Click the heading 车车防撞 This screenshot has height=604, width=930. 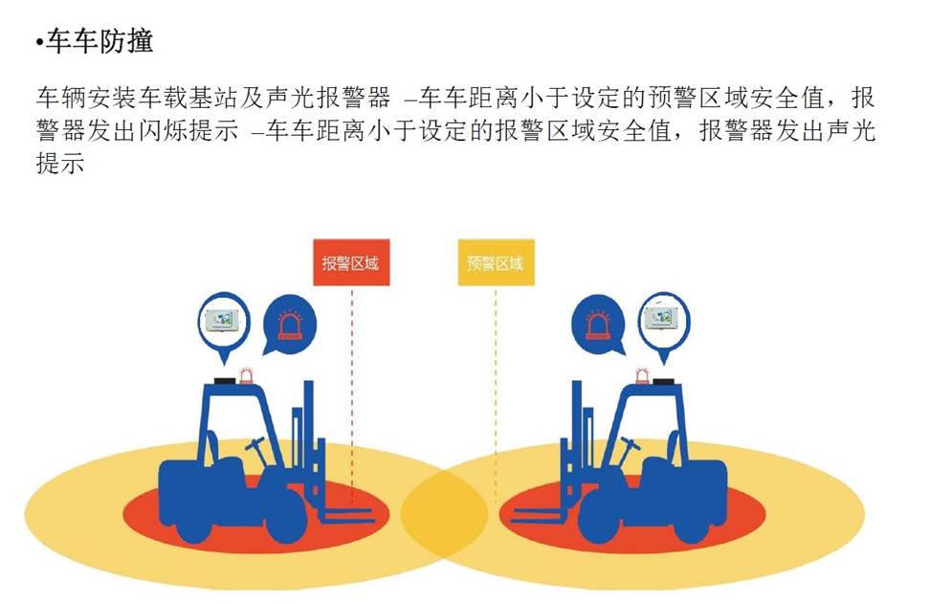(100, 41)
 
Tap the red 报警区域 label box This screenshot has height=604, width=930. (351, 262)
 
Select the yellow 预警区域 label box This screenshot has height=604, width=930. (496, 262)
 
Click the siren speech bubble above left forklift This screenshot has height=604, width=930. (289, 325)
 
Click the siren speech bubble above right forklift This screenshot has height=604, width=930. (598, 325)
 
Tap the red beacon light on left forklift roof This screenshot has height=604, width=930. (246, 376)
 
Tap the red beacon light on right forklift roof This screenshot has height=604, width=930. (642, 376)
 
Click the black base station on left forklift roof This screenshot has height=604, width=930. (226, 381)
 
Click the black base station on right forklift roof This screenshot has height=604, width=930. (663, 381)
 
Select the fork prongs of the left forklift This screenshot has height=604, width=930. (347, 515)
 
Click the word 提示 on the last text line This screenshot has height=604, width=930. (60, 163)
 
